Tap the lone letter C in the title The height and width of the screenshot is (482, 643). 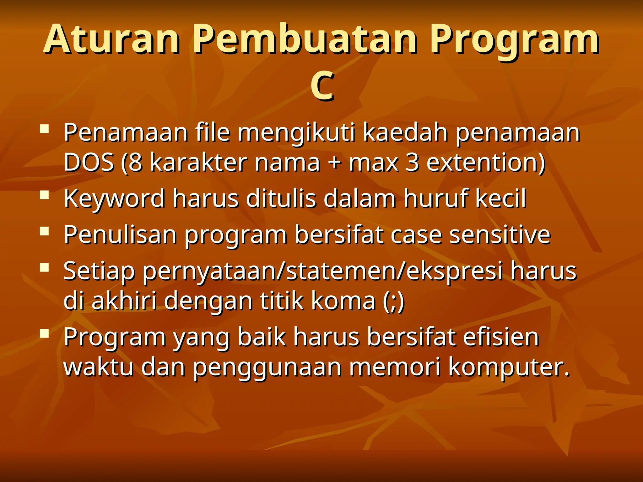click(x=321, y=86)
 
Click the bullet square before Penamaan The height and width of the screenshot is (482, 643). click(x=45, y=129)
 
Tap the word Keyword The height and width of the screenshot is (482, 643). click(x=114, y=198)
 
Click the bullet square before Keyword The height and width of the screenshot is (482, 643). click(x=45, y=195)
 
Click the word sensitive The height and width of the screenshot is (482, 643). click(x=500, y=234)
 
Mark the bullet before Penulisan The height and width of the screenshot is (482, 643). click(x=45, y=231)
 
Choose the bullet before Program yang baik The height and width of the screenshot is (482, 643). click(x=45, y=333)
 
